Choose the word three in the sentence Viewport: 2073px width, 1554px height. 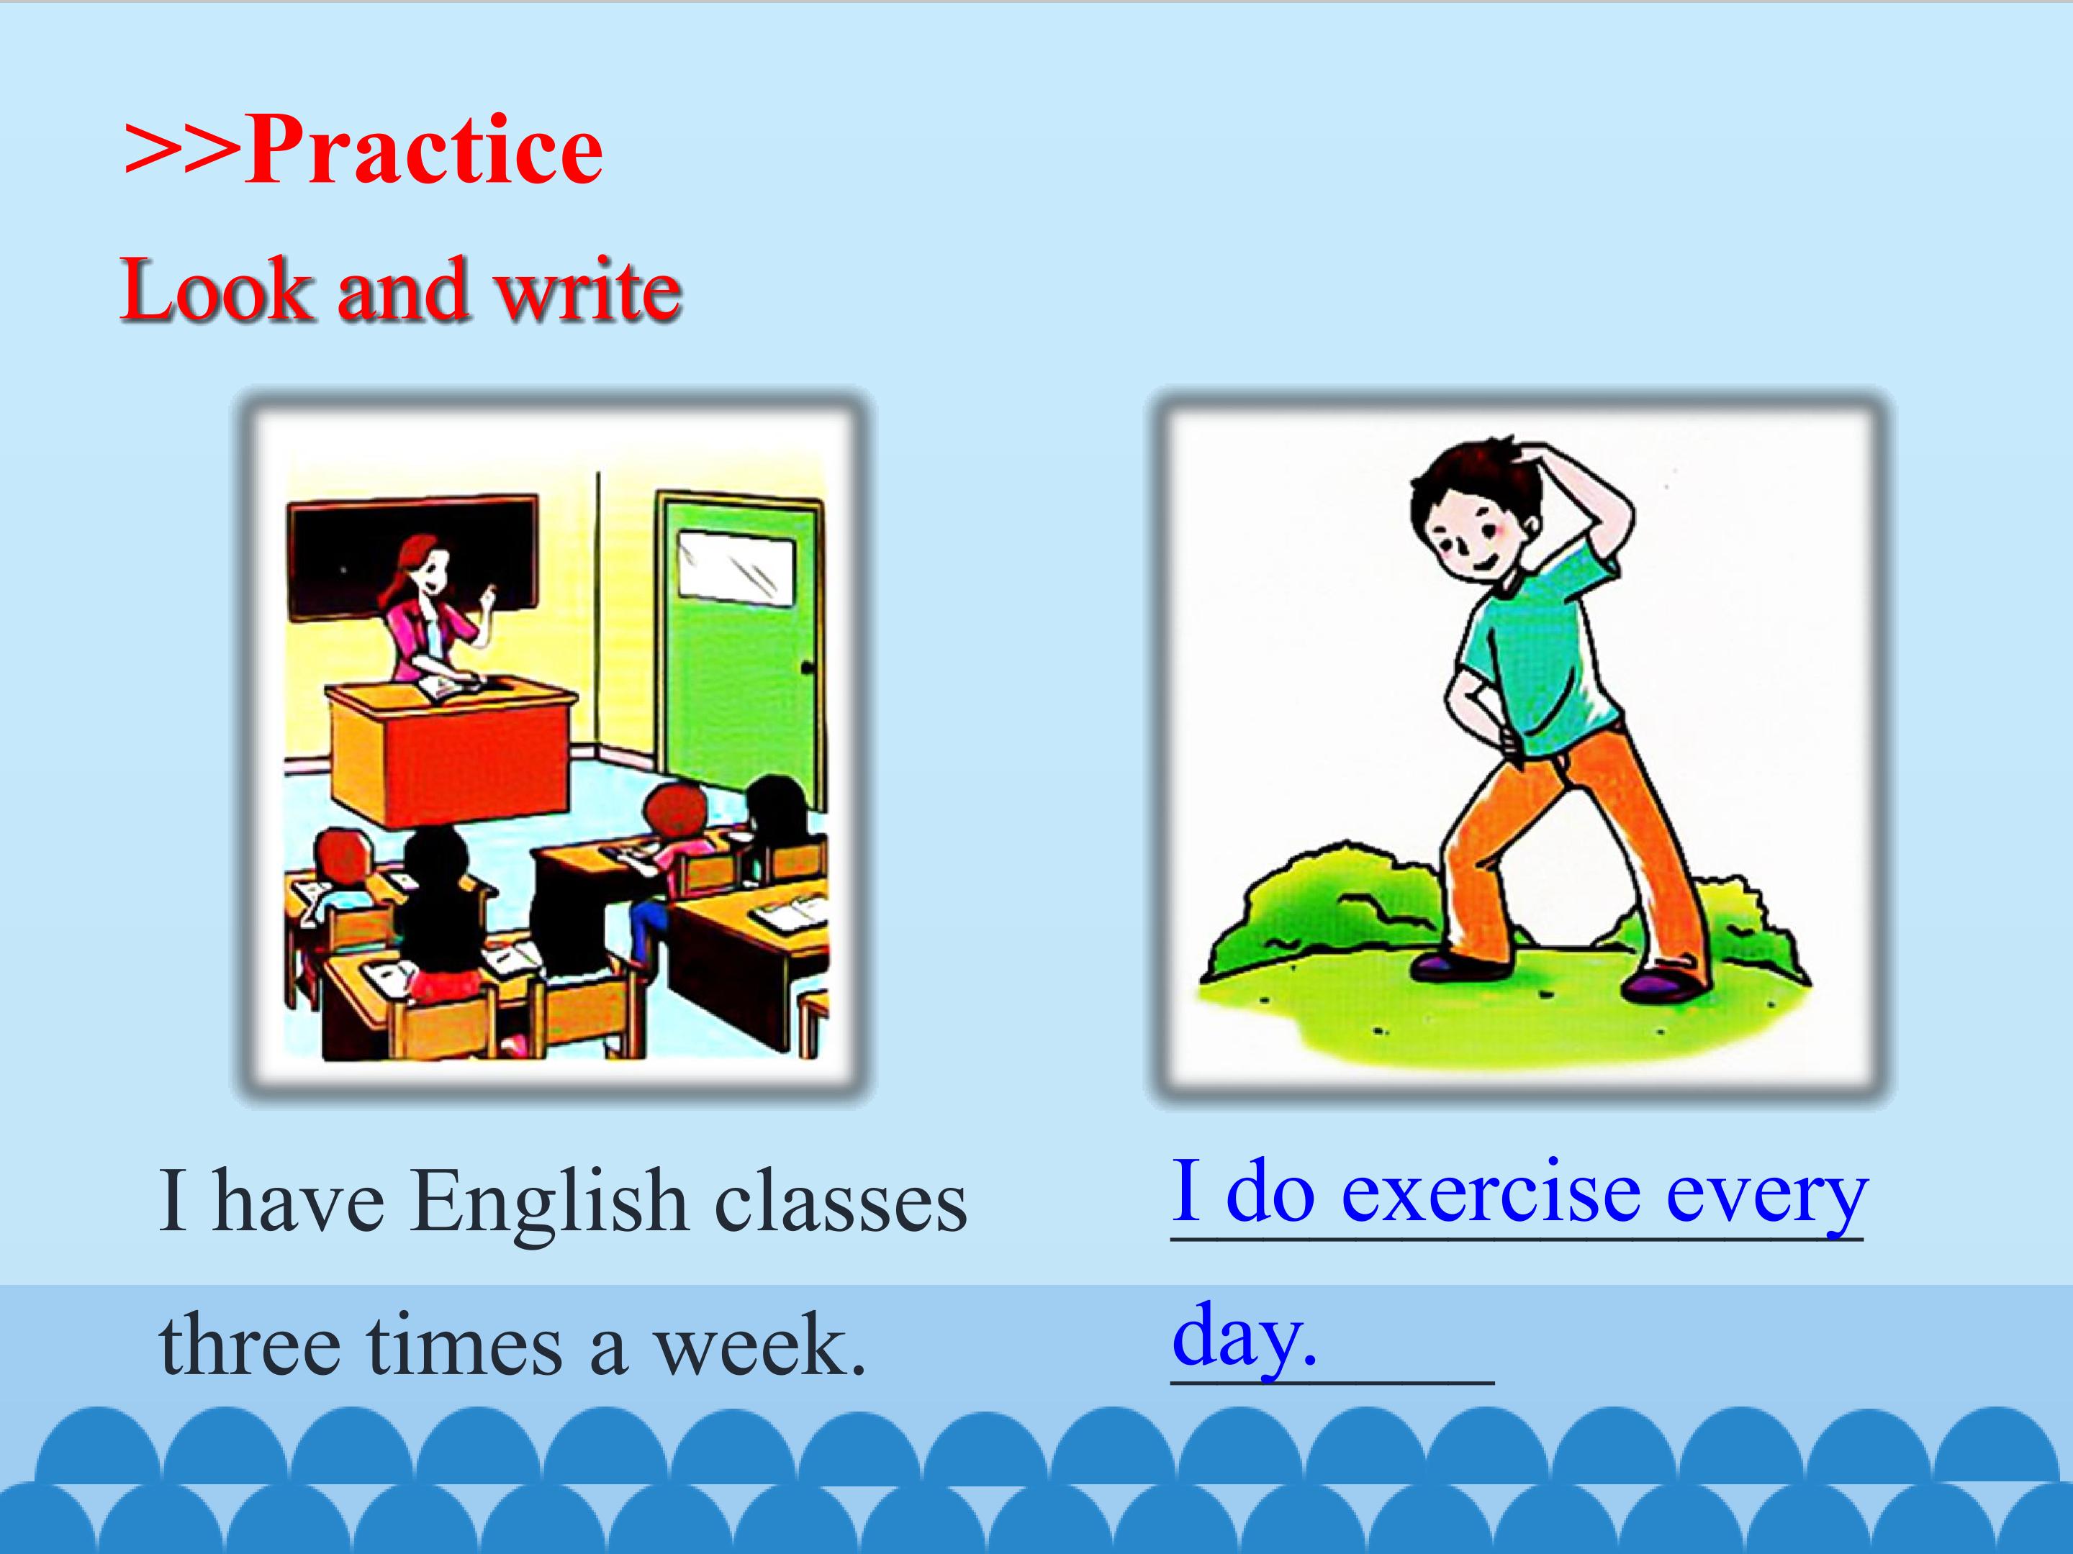(x=249, y=1345)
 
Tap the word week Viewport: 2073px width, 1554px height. (x=760, y=1345)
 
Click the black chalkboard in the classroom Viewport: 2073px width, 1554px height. (x=412, y=558)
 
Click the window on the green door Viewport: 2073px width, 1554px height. (x=736, y=565)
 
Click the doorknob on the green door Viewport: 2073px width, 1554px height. (x=807, y=668)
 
